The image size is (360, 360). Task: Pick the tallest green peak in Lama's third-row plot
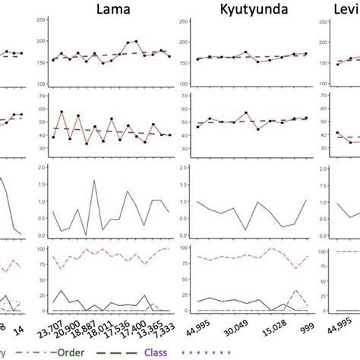(x=93, y=181)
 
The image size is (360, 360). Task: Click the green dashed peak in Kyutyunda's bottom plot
(x=297, y=291)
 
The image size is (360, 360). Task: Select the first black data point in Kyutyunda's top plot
(x=197, y=58)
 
